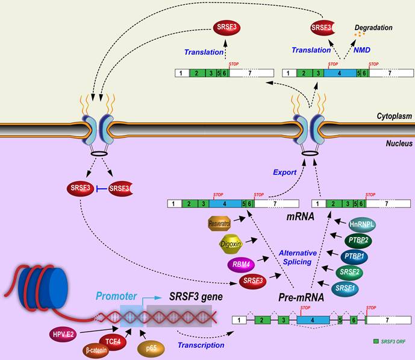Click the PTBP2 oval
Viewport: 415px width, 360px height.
tap(359, 239)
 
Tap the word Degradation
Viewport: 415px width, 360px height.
tap(373, 28)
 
